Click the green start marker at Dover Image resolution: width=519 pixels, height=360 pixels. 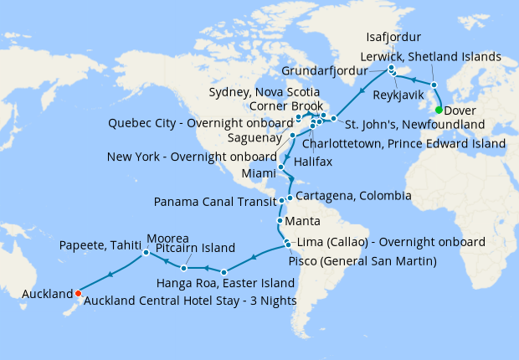[x=439, y=109]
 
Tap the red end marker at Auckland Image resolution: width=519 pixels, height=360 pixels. [x=77, y=293]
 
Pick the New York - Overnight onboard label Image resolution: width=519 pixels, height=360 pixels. [x=192, y=157]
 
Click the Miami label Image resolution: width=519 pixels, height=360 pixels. [x=258, y=172]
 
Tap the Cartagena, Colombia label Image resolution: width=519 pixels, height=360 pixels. [x=353, y=196]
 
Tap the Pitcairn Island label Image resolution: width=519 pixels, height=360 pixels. [x=213, y=249]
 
